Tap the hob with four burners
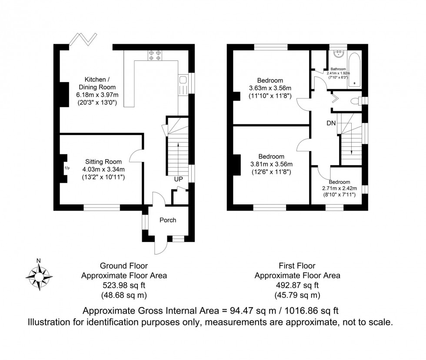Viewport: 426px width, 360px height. (155, 55)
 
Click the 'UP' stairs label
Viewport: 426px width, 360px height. (179, 179)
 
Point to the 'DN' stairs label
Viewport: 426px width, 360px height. (331, 123)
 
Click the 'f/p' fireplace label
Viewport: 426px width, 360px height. (67, 168)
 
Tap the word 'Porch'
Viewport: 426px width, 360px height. (168, 220)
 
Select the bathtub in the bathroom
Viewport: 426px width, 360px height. (355, 69)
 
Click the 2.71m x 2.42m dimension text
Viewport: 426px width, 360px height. (339, 188)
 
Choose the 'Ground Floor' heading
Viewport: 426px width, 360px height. (124, 266)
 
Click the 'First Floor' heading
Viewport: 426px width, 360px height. (297, 266)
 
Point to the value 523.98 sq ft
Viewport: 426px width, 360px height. (124, 285)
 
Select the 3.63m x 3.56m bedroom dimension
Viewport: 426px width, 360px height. (270, 88)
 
